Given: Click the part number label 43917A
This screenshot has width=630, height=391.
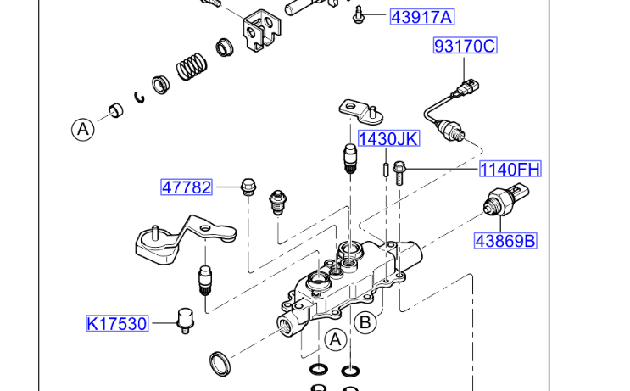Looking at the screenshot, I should [421, 16].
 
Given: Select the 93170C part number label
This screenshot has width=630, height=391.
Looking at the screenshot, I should [464, 47].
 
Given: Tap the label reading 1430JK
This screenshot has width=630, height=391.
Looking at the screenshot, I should [387, 139].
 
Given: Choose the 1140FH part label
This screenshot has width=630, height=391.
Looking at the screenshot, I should [510, 169].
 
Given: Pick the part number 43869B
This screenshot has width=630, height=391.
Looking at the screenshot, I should [505, 241].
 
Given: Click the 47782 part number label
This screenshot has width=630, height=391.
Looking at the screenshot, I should [187, 187].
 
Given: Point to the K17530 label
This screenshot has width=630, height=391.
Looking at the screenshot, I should [117, 323].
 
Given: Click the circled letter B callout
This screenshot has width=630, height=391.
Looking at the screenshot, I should [365, 321].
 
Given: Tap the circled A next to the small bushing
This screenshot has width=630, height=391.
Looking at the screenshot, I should [82, 129].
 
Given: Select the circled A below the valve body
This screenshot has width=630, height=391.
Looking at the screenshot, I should [336, 339].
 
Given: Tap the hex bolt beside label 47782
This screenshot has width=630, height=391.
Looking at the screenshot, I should [248, 187].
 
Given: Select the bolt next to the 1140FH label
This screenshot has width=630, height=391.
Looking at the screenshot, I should [400, 171].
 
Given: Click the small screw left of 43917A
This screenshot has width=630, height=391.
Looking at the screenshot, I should [360, 14].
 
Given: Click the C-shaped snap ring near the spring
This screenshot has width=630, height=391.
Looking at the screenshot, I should [140, 96].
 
